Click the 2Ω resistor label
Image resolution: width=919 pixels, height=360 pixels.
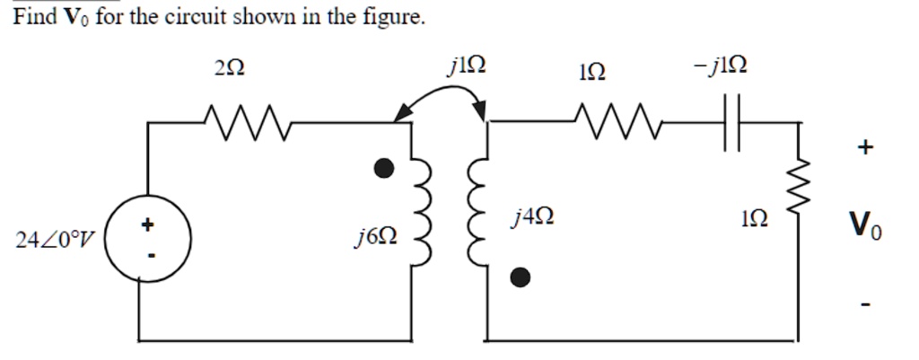pyautogui.click(x=231, y=68)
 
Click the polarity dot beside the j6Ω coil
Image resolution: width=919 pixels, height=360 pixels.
pyautogui.click(x=384, y=168)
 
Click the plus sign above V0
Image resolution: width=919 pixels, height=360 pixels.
pyautogui.click(x=863, y=149)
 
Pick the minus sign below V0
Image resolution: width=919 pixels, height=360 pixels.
pyautogui.click(x=863, y=305)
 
